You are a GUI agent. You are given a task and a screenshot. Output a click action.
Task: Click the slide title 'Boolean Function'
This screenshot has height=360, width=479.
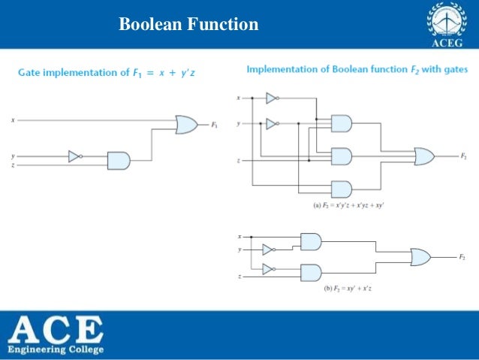click(x=188, y=25)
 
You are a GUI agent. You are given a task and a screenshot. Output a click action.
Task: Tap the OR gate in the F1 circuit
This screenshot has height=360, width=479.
click(x=186, y=125)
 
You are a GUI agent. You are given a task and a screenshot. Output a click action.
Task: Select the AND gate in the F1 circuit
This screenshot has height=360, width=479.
click(x=119, y=159)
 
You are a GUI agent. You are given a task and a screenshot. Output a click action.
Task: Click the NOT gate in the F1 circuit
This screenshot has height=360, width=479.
click(x=74, y=156)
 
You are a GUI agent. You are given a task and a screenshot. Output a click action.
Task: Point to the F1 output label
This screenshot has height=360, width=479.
click(x=215, y=125)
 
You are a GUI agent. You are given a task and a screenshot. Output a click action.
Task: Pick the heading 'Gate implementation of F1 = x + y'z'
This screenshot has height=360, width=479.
click(x=108, y=72)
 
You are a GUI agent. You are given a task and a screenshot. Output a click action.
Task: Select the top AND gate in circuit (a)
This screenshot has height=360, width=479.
click(x=341, y=123)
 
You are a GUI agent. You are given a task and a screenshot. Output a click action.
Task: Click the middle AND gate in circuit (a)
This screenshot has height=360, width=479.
click(x=341, y=156)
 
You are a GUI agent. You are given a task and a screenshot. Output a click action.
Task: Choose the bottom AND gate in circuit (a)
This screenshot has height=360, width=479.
click(x=341, y=189)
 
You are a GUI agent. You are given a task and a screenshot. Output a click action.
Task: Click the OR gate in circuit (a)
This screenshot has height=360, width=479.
click(x=424, y=156)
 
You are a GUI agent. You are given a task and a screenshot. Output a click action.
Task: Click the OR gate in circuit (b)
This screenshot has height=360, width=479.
click(x=420, y=258)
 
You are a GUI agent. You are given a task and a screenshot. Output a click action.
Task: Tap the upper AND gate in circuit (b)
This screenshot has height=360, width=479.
click(x=310, y=241)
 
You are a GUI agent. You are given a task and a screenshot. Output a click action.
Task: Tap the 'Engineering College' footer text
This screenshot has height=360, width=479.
click(x=56, y=349)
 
